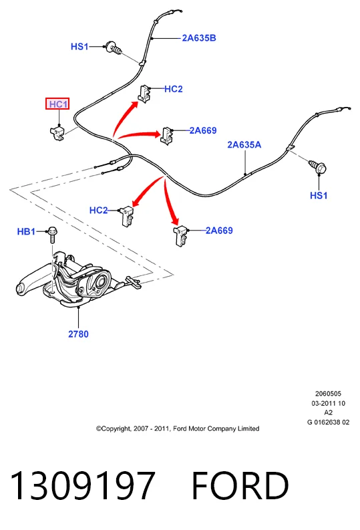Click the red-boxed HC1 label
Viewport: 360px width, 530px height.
coord(57,104)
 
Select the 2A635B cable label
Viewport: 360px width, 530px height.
coord(199,38)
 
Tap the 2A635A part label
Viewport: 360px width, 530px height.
coord(244,144)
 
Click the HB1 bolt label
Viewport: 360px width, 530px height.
coord(26,231)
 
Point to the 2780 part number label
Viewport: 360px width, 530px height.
coord(78,334)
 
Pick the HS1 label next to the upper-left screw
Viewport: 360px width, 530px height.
coord(79,46)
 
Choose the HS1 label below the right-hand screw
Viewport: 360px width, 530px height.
coord(319,195)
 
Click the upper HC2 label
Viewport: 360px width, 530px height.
coord(174,89)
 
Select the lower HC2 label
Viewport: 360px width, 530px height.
coord(99,211)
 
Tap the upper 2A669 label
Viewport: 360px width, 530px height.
coord(203,130)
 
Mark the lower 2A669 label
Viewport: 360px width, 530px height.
coord(219,231)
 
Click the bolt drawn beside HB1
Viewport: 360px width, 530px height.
coord(52,235)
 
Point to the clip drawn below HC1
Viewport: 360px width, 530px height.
coord(57,132)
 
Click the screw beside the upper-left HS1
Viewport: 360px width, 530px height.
coord(114,48)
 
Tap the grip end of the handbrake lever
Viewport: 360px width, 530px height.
coord(22,288)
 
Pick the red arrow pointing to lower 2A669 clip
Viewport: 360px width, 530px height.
coord(170,202)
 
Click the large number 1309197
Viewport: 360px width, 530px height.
coord(83,486)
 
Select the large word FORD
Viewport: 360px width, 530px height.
coord(240,486)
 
